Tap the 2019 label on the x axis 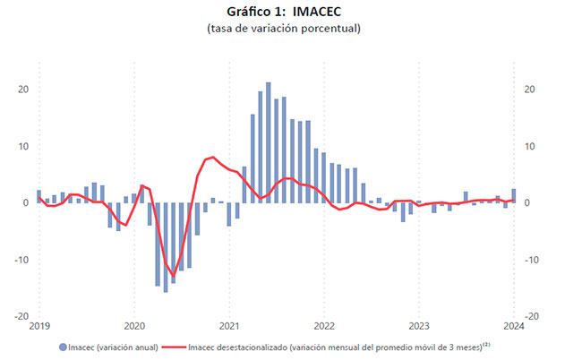tap(39, 326)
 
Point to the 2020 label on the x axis tap(134, 326)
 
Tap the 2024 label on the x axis tap(514, 326)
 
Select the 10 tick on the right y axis tap(530, 146)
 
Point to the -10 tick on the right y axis tap(532, 260)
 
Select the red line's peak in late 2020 tap(212, 157)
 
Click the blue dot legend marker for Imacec tap(63, 347)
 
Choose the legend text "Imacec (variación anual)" tap(114, 347)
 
